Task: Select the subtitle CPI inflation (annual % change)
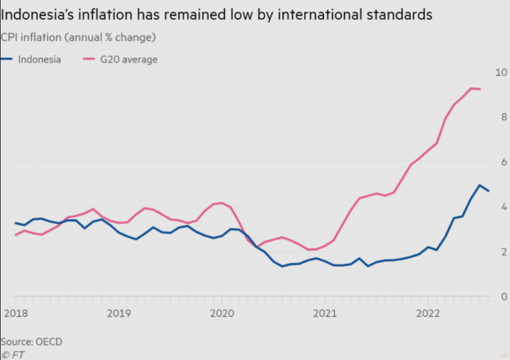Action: (78, 37)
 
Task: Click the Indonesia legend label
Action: (40, 60)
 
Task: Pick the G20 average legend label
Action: (128, 60)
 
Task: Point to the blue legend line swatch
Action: (8, 60)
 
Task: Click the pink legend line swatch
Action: (91, 60)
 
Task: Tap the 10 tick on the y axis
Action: (501, 71)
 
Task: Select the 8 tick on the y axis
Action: (503, 116)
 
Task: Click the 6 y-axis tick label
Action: (503, 162)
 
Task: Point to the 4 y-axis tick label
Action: (503, 206)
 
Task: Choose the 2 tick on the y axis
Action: (503, 252)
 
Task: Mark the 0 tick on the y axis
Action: (503, 296)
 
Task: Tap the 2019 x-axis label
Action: (118, 313)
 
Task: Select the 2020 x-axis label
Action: (222, 313)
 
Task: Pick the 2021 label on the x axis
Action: (324, 313)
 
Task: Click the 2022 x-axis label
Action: (428, 313)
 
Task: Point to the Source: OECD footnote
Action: (31, 341)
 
